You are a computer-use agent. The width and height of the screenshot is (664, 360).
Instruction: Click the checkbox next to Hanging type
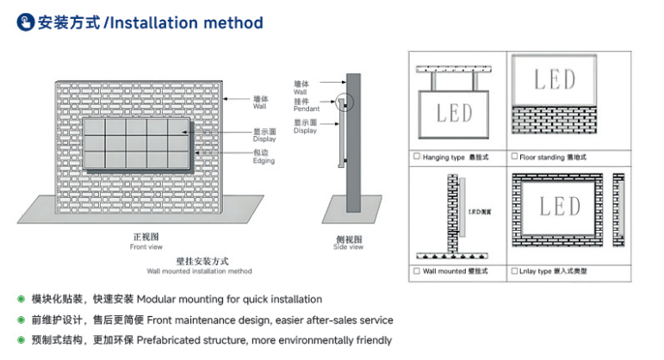[x=417, y=157]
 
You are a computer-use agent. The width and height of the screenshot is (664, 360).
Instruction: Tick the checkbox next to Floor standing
[x=514, y=157]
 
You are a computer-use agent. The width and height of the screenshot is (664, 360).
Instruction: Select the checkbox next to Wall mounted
[x=417, y=270]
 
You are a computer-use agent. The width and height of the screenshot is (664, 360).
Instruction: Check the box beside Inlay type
[x=514, y=270]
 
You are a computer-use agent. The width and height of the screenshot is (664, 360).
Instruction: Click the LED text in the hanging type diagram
[x=454, y=112]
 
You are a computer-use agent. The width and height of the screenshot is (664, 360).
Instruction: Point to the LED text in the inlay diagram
[x=560, y=206]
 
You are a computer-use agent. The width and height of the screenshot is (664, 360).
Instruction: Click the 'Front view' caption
[x=146, y=247]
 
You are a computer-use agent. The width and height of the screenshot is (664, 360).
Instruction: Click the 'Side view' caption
[x=348, y=247]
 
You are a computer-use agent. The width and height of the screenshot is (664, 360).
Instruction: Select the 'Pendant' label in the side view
[x=306, y=109]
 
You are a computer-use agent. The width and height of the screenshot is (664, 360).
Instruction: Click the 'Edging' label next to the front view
[x=264, y=159]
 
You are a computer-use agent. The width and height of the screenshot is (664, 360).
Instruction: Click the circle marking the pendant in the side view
[x=346, y=103]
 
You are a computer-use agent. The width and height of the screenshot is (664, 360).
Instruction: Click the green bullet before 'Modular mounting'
[x=21, y=299]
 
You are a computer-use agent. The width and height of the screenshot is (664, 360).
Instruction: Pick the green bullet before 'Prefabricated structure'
[x=21, y=340]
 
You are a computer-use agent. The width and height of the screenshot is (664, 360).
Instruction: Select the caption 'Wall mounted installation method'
[x=199, y=270]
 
